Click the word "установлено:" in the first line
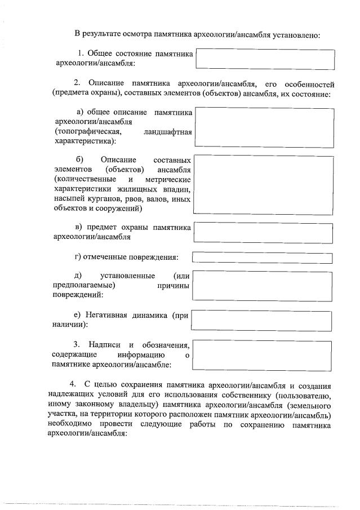coord(295,35)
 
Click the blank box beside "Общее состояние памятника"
coord(264,59)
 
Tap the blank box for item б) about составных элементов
coord(264,185)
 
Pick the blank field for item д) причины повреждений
coord(264,285)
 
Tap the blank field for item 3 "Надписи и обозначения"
coord(264,355)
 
